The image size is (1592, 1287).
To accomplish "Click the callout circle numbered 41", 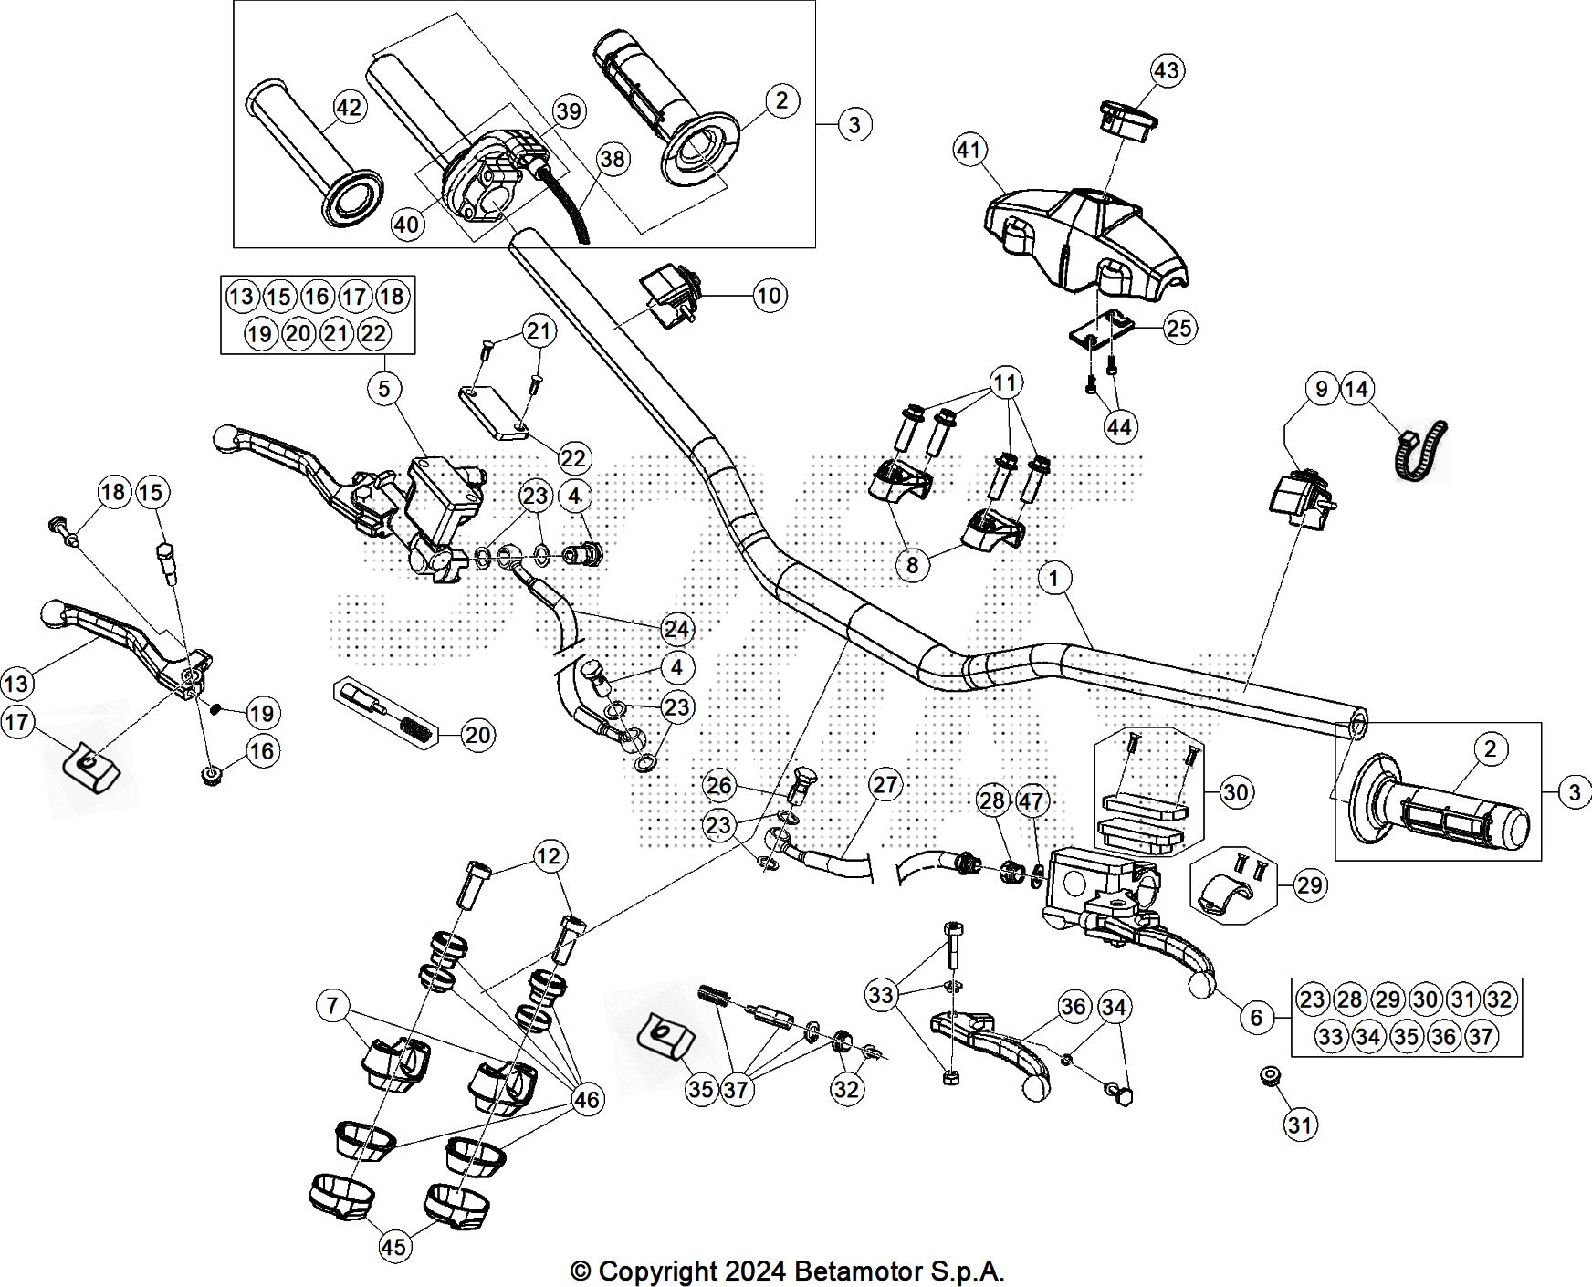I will click(x=970, y=149).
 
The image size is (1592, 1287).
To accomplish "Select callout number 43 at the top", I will click(x=1167, y=70).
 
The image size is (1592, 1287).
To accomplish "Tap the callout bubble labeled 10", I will click(x=770, y=295).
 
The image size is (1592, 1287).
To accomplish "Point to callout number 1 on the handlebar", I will click(x=1054, y=578).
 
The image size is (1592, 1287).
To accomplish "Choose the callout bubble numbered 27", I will click(x=885, y=784).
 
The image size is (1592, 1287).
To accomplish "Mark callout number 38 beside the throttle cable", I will click(x=613, y=159).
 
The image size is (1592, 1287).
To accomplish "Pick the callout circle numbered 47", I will click(x=1032, y=801).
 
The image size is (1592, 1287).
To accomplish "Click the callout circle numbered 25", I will click(x=1179, y=328).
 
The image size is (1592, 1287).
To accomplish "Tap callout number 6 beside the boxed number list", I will click(x=1256, y=1016).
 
